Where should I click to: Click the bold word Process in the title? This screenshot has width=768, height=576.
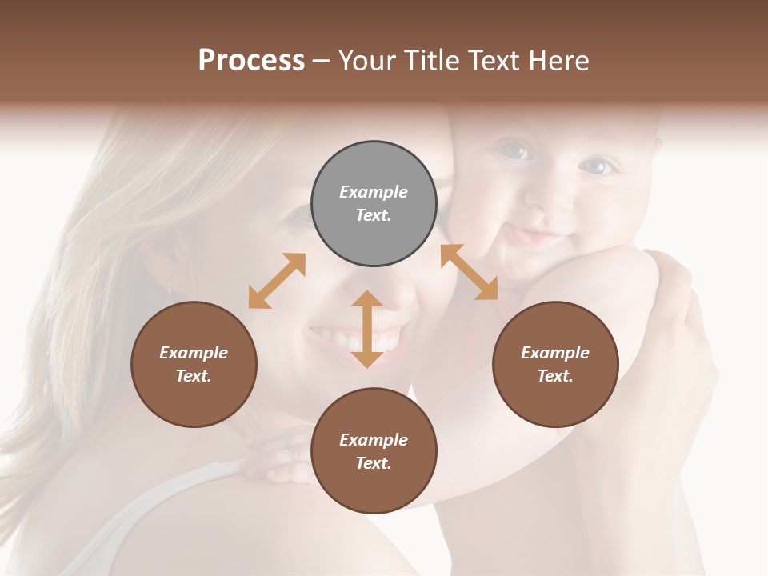251,61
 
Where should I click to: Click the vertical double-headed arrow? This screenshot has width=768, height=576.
366,329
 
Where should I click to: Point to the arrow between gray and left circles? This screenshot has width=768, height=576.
277,281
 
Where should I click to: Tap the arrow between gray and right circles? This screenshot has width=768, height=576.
470,272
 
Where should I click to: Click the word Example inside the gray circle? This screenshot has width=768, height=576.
374,192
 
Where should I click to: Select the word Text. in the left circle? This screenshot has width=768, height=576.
194,376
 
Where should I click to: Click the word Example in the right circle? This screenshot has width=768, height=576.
555,353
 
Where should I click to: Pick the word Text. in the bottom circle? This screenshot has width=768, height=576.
374,463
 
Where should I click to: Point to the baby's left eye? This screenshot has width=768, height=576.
597,166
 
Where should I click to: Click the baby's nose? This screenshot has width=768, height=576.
552,200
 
